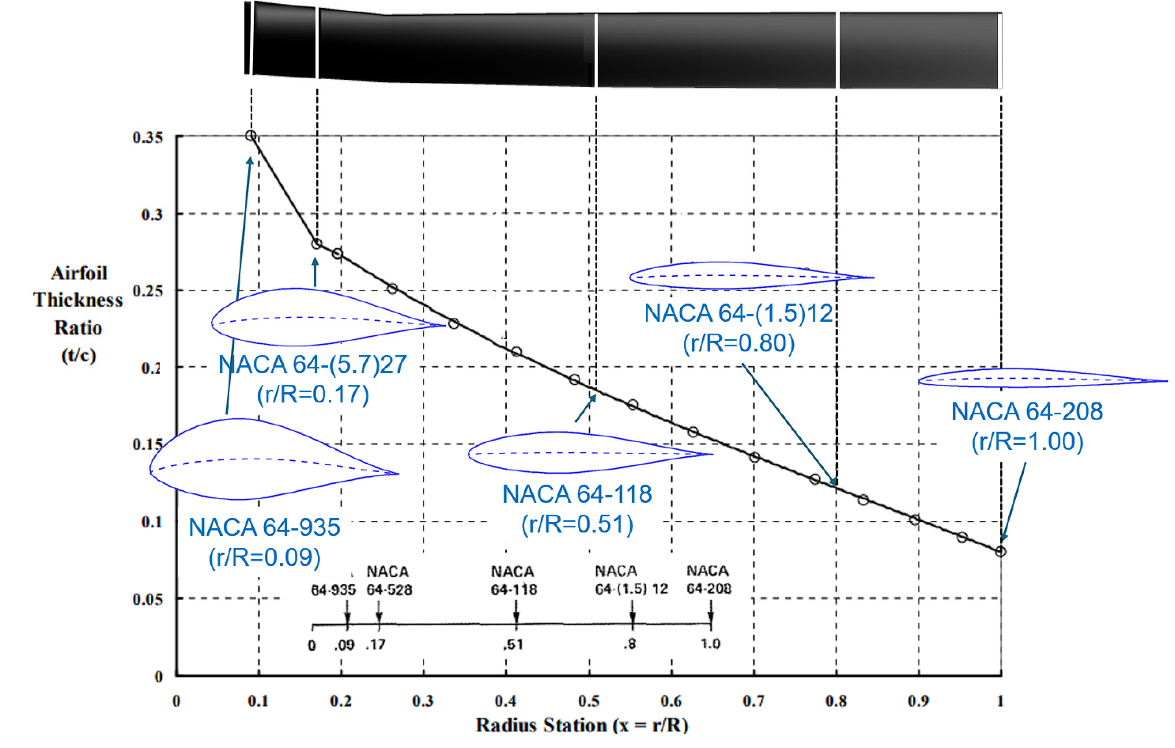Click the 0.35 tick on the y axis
coord(147,138)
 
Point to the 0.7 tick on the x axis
coord(754,701)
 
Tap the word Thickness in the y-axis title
coord(78,300)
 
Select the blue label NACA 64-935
coord(264,527)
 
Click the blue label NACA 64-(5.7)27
coord(312,365)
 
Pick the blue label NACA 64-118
coord(577,494)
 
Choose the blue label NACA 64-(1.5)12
coord(739,313)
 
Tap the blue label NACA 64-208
coord(1027,411)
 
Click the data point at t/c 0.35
coord(251,136)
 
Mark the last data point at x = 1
coord(1000,551)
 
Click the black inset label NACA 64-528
coord(389,580)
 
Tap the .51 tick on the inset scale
coord(513,644)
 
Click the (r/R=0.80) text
coord(739,343)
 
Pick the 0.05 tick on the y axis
coord(147,599)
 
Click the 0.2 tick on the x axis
coord(341,701)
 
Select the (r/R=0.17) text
coord(312,394)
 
